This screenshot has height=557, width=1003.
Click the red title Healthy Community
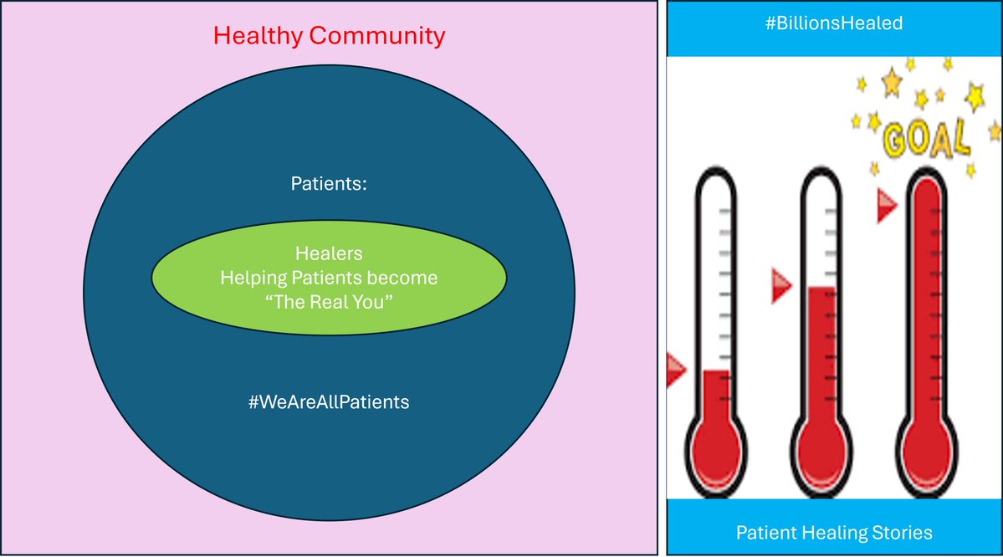(329, 36)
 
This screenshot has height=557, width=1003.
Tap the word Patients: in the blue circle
(329, 183)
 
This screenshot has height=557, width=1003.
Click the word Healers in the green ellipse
(329, 253)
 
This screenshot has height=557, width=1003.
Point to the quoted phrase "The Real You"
(329, 302)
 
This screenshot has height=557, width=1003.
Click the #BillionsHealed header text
(834, 23)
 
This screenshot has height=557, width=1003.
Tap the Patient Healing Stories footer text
(834, 532)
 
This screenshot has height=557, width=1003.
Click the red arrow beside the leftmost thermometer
(675, 369)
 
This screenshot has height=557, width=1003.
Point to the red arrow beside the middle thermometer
(780, 284)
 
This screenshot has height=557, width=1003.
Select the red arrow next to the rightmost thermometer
(887, 206)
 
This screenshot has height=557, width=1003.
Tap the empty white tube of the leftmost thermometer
(716, 268)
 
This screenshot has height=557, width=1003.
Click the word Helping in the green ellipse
(253, 277)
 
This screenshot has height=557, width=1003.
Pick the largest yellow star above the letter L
(975, 97)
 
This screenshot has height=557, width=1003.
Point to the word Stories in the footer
(900, 532)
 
